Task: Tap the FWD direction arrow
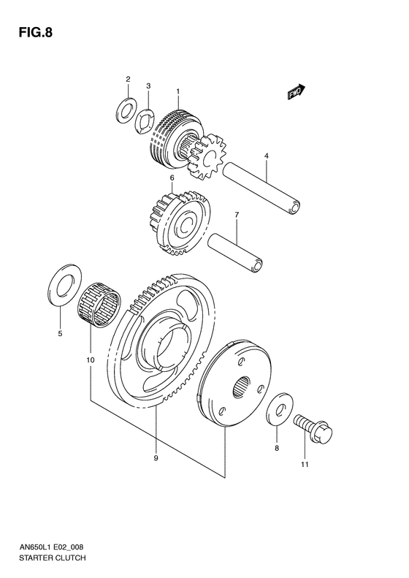click(295, 92)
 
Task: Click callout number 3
click(148, 86)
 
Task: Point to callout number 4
click(267, 156)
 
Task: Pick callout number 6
click(172, 178)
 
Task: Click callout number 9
click(156, 458)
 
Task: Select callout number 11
click(305, 464)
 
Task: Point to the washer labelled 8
click(278, 411)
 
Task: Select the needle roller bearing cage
click(101, 304)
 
